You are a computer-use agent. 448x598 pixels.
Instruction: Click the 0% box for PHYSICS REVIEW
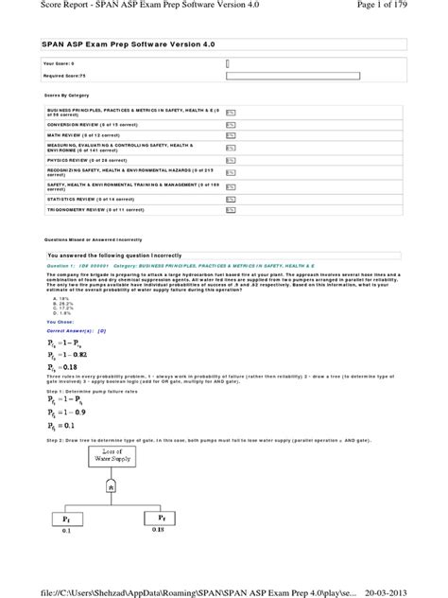231,160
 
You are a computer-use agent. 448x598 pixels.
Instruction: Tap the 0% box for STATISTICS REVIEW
231,200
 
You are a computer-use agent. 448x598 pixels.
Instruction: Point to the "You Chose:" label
60,322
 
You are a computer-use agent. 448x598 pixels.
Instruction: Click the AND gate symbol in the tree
111,486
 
